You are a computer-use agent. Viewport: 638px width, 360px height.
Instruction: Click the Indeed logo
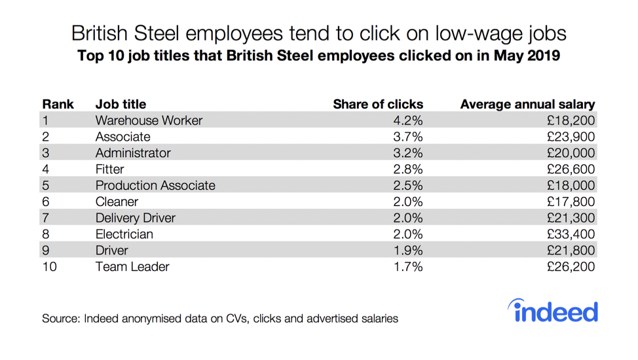[x=553, y=312]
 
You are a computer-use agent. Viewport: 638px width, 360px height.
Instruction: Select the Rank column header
[x=58, y=104]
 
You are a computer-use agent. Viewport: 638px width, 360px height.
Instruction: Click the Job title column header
[x=121, y=104]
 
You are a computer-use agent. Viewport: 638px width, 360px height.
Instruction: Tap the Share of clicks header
[x=378, y=104]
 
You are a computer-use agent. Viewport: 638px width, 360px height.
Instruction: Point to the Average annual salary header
[x=527, y=104]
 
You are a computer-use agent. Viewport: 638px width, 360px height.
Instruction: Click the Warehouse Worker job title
[x=149, y=120]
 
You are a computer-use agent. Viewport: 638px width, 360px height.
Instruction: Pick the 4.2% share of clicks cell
[x=407, y=120]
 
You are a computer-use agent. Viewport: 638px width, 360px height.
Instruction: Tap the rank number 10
[x=50, y=267]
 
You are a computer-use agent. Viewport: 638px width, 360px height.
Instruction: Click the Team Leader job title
[x=132, y=267]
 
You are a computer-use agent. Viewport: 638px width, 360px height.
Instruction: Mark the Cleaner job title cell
[x=117, y=202]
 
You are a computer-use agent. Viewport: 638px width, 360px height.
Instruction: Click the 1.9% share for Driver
[x=407, y=251]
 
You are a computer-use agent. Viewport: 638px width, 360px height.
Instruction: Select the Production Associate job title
[x=155, y=185]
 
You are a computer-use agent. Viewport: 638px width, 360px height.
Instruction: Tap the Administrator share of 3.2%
[x=407, y=153]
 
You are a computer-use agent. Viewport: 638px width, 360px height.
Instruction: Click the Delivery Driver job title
[x=135, y=218]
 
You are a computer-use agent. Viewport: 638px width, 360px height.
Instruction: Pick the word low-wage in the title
[x=478, y=33]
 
